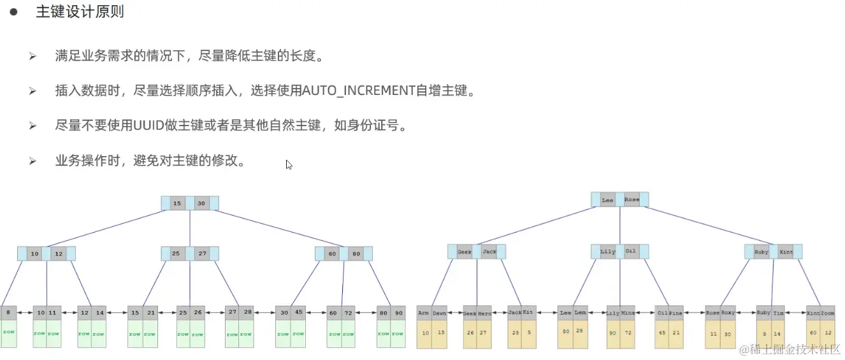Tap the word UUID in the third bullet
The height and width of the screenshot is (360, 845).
click(x=148, y=126)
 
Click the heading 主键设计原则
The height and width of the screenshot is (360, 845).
click(x=80, y=12)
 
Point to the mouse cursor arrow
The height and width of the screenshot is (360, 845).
click(x=289, y=164)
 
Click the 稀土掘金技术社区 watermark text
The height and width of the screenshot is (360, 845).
click(x=790, y=349)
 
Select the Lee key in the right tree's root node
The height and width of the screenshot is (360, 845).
click(x=607, y=199)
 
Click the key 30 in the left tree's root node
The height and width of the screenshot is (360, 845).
click(x=201, y=203)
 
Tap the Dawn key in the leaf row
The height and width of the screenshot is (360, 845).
click(x=440, y=313)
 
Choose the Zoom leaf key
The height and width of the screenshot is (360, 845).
click(x=827, y=313)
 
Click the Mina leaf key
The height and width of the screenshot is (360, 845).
click(x=628, y=313)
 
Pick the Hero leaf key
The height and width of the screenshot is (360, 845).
click(x=485, y=313)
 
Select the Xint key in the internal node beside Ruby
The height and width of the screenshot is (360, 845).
click(x=786, y=252)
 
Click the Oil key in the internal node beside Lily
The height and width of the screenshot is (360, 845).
click(x=630, y=251)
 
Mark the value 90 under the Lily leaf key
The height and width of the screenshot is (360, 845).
click(x=614, y=333)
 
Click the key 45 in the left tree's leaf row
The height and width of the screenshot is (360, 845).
click(x=299, y=312)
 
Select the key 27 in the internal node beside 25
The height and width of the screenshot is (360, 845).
click(x=202, y=254)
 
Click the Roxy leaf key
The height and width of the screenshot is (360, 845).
click(x=728, y=313)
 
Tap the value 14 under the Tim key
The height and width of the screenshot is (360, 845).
click(x=778, y=333)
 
